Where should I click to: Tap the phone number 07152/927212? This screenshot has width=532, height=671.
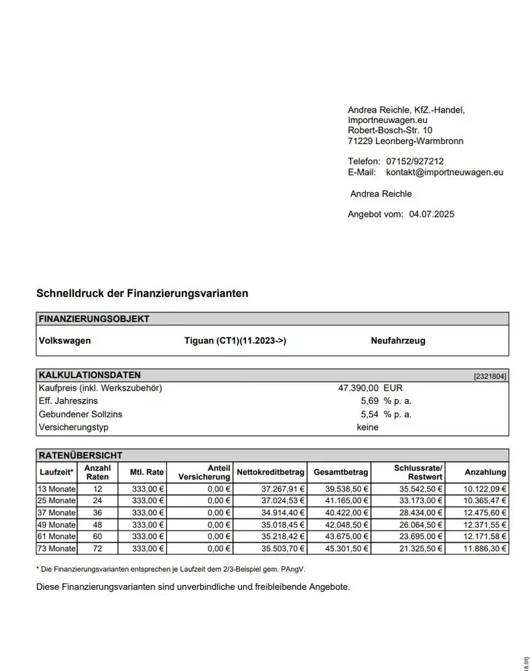click(415, 161)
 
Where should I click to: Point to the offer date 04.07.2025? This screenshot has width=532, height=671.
click(431, 214)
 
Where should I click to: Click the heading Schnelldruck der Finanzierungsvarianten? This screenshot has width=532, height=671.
click(142, 294)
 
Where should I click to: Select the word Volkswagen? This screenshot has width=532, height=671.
click(64, 341)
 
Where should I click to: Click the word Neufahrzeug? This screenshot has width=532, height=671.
click(398, 341)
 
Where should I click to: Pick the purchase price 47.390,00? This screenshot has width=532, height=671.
click(358, 388)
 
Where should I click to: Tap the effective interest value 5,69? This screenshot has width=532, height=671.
click(369, 401)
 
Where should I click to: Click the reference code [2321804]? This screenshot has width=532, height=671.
click(490, 376)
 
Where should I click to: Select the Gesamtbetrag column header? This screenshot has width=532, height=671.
click(341, 472)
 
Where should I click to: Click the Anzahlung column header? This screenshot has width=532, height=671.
click(485, 472)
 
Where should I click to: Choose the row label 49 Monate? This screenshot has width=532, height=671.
click(56, 525)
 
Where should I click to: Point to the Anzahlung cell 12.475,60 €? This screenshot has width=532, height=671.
click(485, 513)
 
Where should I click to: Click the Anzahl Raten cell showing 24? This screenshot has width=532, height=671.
click(97, 501)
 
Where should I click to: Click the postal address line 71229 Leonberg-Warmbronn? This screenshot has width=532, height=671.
click(405, 141)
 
